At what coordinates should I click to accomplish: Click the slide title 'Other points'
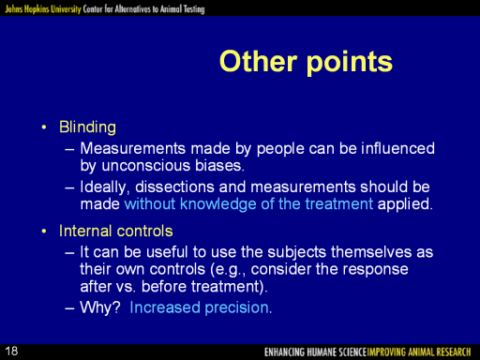point(306,62)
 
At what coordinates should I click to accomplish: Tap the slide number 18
point(11,352)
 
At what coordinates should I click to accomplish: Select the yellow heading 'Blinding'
point(87,127)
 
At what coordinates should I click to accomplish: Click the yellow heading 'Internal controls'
point(116,231)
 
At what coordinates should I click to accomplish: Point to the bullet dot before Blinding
point(44,127)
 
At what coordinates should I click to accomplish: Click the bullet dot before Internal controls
point(44,232)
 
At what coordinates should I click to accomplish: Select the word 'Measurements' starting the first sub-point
point(133,148)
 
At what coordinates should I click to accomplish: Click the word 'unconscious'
point(146,165)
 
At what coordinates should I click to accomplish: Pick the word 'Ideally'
point(104,187)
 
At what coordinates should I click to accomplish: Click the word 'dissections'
point(174,187)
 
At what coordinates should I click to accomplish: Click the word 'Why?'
point(100,307)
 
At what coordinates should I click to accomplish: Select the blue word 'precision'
point(237,307)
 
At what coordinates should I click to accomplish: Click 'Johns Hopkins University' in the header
point(43,8)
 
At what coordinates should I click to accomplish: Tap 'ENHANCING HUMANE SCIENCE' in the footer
point(315,352)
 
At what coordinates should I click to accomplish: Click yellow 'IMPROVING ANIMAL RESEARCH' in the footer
point(419,352)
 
